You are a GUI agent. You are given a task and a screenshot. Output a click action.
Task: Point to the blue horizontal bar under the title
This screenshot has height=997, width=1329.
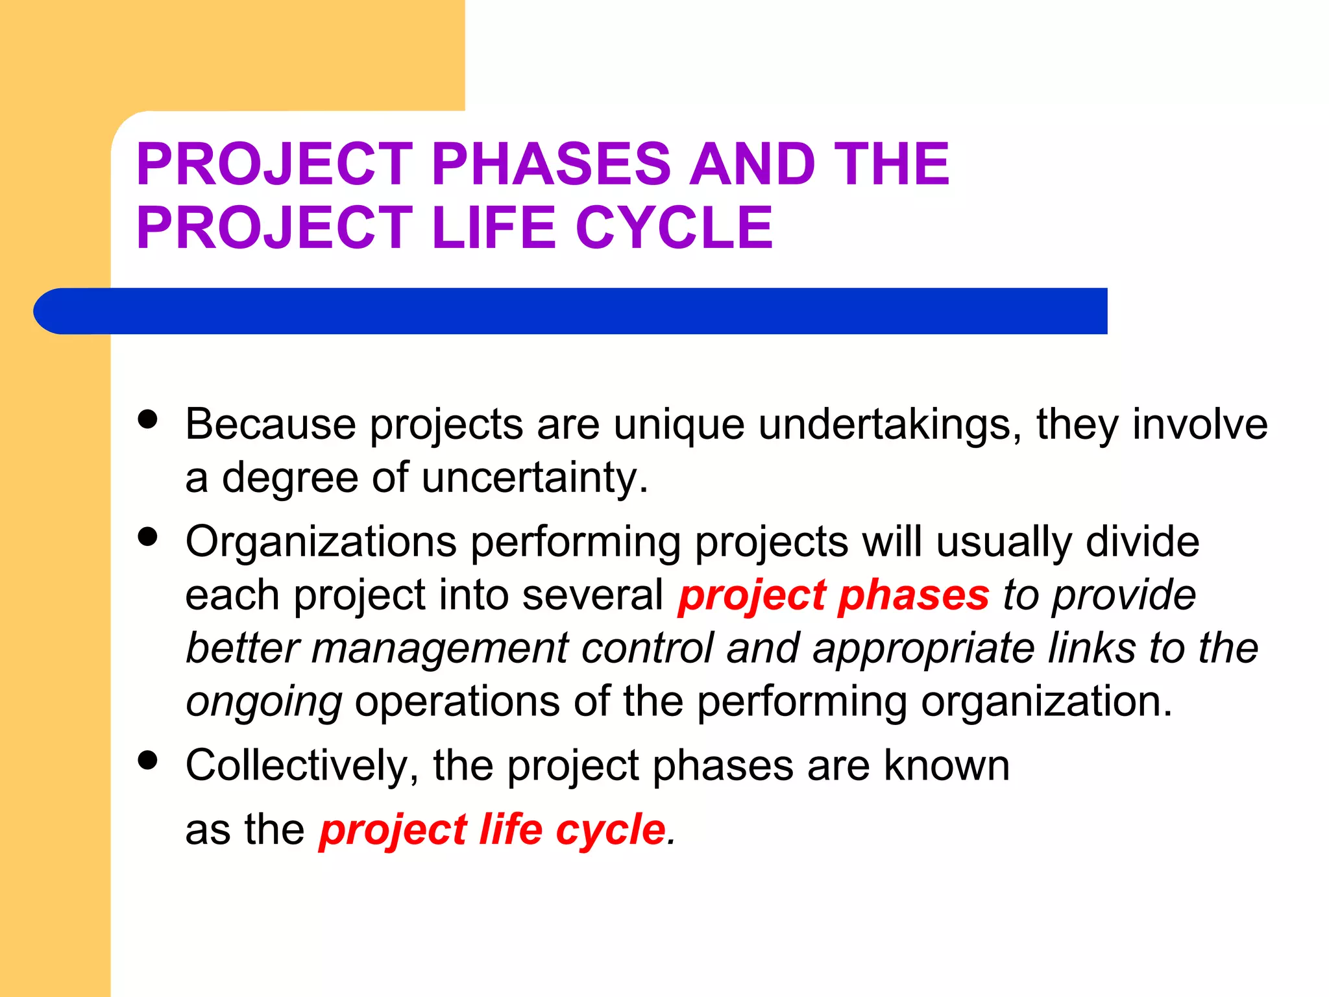coord(571,311)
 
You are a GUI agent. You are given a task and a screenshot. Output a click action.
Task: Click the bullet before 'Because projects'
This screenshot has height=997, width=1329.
coord(148,419)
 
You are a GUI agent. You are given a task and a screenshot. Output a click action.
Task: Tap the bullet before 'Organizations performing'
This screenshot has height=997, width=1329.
coord(148,537)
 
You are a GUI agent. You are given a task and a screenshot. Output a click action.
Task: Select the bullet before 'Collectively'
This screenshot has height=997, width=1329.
coord(148,760)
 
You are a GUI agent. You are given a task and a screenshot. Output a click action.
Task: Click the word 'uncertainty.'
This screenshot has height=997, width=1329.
coord(535,478)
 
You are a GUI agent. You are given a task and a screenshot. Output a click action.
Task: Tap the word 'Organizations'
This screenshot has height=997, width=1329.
coord(321,543)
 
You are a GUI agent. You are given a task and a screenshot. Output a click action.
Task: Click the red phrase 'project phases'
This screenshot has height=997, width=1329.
coord(833,595)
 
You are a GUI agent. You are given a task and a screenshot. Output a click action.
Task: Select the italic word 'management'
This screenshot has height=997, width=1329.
coord(440,648)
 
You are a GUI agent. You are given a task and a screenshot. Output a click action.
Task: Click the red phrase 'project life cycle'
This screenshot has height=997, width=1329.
coord(493,830)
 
